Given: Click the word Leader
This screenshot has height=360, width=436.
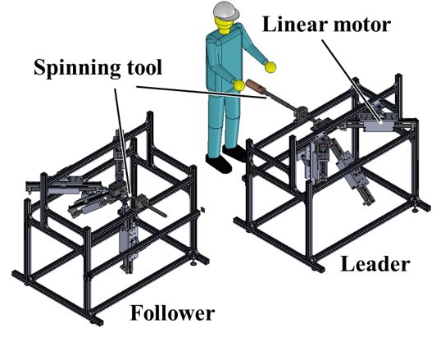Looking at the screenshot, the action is [x=375, y=264].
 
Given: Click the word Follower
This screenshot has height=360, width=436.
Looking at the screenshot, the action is [x=172, y=312].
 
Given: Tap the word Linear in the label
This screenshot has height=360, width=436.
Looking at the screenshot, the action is [x=295, y=24].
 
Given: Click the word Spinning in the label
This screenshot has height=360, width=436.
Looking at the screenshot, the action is [x=77, y=68].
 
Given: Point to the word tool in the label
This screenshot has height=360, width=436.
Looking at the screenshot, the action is [x=144, y=67].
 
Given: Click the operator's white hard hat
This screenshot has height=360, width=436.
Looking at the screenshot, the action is [x=226, y=11].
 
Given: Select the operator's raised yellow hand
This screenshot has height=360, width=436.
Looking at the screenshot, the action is [x=270, y=67].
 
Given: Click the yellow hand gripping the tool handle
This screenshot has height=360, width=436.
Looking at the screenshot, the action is [x=238, y=85].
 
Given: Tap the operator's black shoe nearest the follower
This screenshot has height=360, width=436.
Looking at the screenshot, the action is [x=219, y=163].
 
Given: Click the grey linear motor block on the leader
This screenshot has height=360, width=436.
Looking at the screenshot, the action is [x=378, y=126].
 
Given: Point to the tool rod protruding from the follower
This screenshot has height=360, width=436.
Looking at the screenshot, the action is [x=154, y=209].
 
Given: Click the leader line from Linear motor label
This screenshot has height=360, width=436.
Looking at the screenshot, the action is [x=352, y=81].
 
